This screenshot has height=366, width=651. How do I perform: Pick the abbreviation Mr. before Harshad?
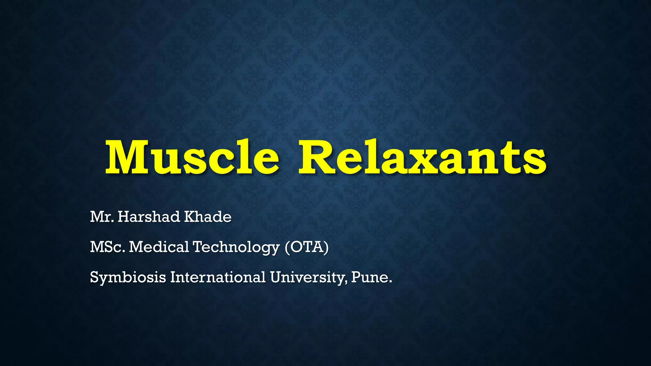(x=102, y=217)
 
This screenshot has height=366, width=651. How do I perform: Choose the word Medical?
(x=159, y=247)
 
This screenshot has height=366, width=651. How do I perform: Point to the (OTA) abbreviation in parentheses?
(x=306, y=247)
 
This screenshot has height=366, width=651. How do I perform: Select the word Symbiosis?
(x=128, y=277)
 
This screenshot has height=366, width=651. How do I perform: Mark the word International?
(x=218, y=277)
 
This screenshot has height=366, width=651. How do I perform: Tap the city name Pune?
(x=371, y=277)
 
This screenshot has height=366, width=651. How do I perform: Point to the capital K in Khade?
(x=190, y=217)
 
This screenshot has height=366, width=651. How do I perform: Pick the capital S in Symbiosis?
(x=94, y=277)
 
